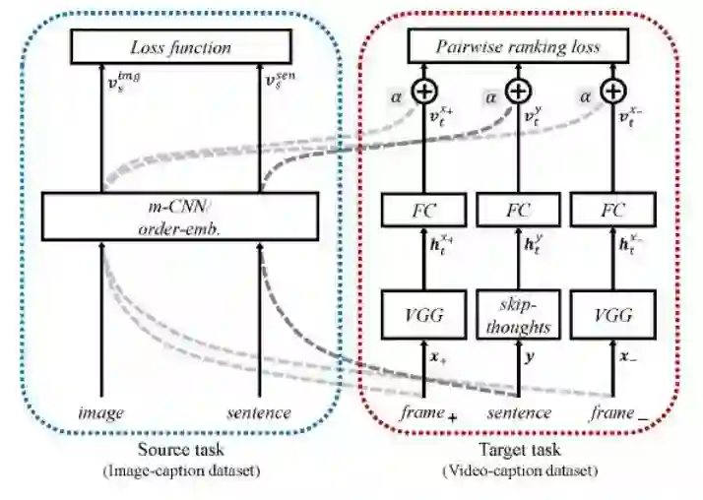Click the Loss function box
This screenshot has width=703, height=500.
(181, 45)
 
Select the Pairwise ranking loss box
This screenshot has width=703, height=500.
(518, 45)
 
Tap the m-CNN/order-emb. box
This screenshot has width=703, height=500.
(181, 215)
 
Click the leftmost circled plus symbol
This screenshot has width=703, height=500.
(422, 92)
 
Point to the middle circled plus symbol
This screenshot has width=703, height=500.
(518, 92)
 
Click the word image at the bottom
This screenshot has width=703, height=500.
(101, 413)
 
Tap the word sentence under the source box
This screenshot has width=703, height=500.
(260, 413)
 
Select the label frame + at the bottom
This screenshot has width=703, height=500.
(427, 414)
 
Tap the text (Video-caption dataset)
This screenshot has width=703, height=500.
(519, 471)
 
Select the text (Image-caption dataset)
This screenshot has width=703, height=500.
(182, 471)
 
